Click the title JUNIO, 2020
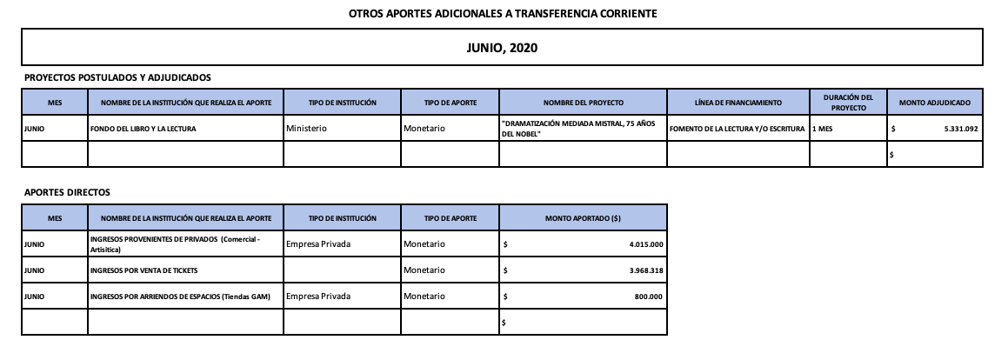(503, 48)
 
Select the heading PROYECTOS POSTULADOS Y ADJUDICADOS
(117, 77)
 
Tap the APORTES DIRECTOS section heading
(67, 192)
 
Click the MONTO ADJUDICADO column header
(934, 103)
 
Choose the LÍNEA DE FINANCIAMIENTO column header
(738, 103)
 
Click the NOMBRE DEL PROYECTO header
(583, 103)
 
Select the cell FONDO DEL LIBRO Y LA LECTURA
(144, 129)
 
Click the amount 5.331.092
(953, 129)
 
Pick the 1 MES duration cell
(822, 129)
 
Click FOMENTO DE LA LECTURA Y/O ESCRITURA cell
(738, 129)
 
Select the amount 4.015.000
(645, 244)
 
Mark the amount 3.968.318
(645, 271)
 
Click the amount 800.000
(649, 297)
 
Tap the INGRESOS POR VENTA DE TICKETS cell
(144, 271)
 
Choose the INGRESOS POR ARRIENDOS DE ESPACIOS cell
(180, 297)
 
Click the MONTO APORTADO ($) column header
(583, 217)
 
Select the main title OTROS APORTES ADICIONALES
(503, 14)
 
